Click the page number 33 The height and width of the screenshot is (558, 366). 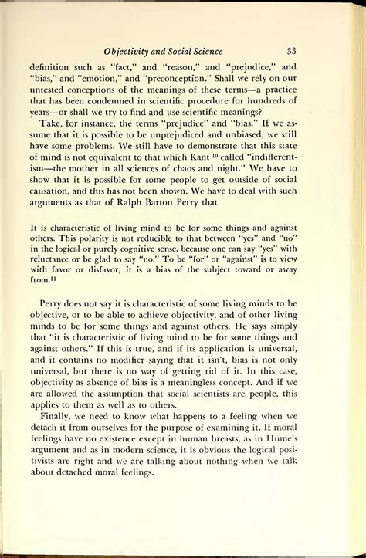click(x=292, y=51)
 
